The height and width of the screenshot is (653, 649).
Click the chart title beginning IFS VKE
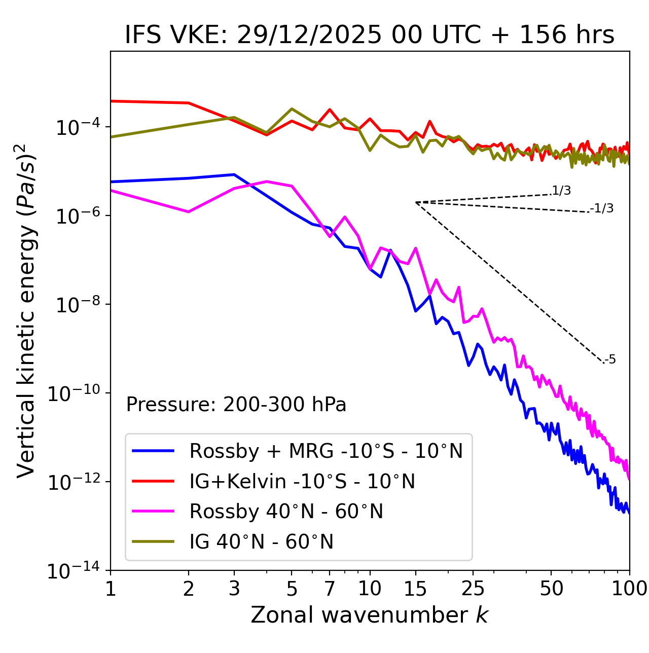pyautogui.click(x=370, y=35)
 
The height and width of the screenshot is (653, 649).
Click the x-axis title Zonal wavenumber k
pyautogui.click(x=370, y=615)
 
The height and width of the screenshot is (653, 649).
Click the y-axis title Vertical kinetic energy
pyautogui.click(x=26, y=310)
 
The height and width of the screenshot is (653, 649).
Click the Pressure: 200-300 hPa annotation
pyautogui.click(x=236, y=405)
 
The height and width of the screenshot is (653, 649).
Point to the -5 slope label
pyautogui.click(x=610, y=360)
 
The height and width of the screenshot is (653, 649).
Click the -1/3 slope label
pyautogui.click(x=602, y=208)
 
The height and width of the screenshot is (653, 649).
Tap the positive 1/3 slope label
pyautogui.click(x=561, y=191)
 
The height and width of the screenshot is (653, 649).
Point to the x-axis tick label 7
pyautogui.click(x=330, y=589)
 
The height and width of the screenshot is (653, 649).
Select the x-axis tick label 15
pyautogui.click(x=415, y=589)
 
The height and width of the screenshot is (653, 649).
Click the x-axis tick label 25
pyautogui.click(x=473, y=589)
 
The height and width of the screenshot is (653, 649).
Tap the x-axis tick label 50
pyautogui.click(x=552, y=589)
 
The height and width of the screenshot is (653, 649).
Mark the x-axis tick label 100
pyautogui.click(x=629, y=589)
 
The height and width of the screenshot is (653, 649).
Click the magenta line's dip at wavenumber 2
pyautogui.click(x=189, y=211)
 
